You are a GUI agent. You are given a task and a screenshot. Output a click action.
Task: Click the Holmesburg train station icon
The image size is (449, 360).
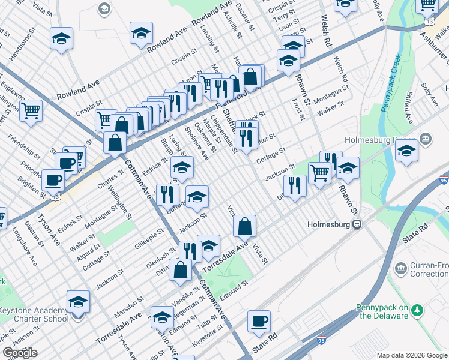357,224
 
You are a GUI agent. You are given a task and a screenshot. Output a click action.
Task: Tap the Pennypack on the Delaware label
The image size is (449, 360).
379,311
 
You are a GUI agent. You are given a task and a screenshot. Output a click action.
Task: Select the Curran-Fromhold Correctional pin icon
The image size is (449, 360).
401,267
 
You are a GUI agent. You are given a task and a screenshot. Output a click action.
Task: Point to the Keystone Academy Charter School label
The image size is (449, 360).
34,314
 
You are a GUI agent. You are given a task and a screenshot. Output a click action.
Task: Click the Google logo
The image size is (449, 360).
20,353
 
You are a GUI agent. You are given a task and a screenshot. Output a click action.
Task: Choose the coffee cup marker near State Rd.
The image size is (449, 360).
259,321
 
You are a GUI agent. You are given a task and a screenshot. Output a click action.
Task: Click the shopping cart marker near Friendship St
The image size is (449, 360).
31,110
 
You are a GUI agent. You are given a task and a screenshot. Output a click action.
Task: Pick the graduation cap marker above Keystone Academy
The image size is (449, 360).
78,302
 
